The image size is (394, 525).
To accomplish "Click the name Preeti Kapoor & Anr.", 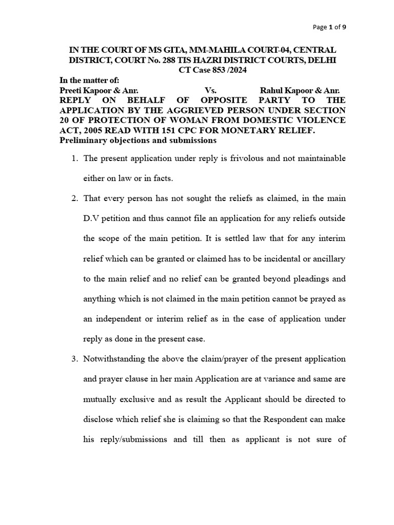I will pyautogui.click(x=98, y=90).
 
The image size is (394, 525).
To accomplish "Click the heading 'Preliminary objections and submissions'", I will pyautogui.click(x=138, y=140).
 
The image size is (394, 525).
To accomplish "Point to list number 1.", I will pyautogui.click(x=74, y=158).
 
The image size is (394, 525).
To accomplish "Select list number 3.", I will pyautogui.click(x=74, y=359).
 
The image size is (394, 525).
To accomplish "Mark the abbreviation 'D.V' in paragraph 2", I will pyautogui.click(x=91, y=219).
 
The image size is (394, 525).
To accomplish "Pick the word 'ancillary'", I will pyautogui.click(x=327, y=259).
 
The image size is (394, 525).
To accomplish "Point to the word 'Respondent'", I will pyautogui.click(x=283, y=419).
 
